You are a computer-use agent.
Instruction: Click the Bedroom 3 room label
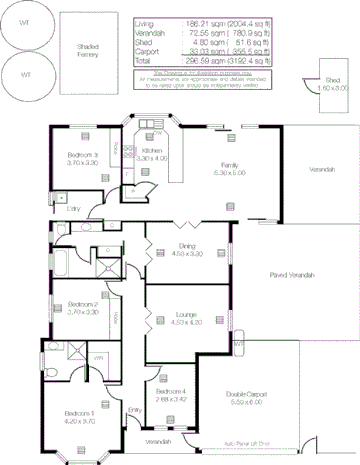tap(82, 157)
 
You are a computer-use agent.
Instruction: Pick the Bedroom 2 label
tap(81, 308)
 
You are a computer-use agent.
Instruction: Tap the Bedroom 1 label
tap(79, 417)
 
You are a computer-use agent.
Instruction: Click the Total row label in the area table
tap(143, 60)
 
